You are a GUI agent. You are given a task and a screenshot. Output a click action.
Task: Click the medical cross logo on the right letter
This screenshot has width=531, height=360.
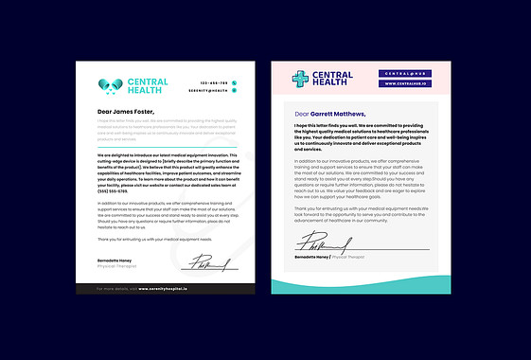(300, 79)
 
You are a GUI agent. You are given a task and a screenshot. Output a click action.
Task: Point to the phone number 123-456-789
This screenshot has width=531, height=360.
(214, 82)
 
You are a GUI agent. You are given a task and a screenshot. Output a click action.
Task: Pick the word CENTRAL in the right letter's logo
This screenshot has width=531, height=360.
(333, 74)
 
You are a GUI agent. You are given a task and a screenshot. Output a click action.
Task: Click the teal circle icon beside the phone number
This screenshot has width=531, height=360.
(235, 82)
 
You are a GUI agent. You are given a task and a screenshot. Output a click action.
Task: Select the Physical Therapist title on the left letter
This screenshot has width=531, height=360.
(116, 266)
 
